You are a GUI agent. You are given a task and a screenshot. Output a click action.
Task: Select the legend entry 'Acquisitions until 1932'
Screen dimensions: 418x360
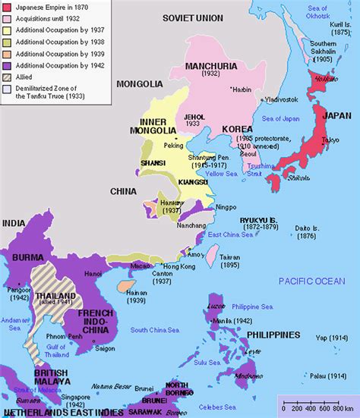(49, 18)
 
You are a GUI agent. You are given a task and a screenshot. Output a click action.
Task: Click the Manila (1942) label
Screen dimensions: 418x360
(240, 322)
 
